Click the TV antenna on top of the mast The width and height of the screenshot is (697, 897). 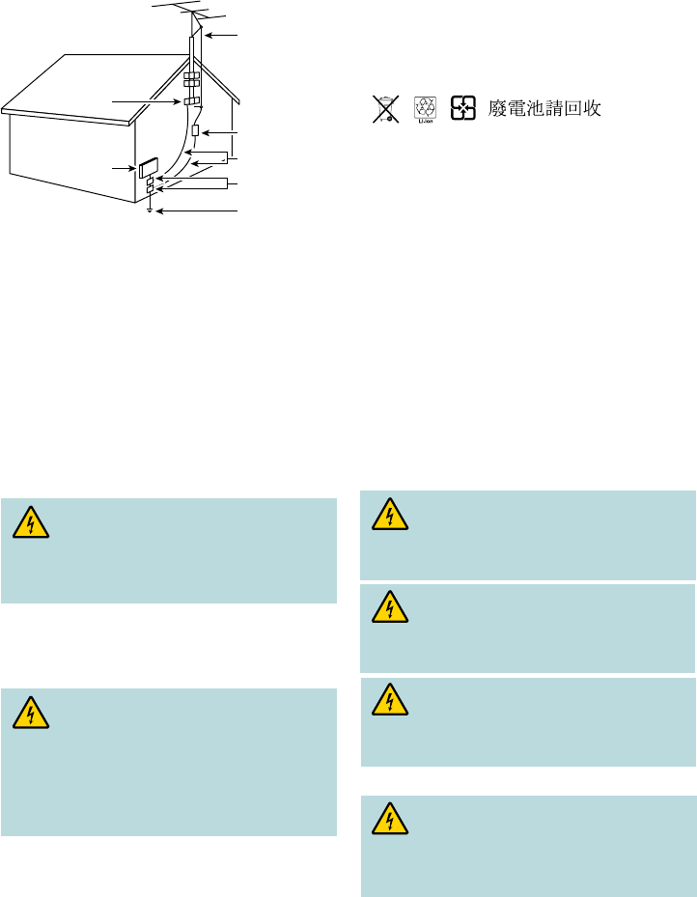tap(194, 16)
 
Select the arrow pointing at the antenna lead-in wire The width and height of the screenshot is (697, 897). tap(221, 36)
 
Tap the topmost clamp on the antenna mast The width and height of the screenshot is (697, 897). tap(191, 73)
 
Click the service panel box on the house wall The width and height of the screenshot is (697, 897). tap(149, 168)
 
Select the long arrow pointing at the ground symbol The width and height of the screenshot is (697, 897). tap(198, 210)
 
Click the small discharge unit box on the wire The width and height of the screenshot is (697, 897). tap(195, 130)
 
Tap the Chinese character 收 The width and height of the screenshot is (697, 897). tap(591, 109)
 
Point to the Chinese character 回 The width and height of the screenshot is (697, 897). tap(569, 109)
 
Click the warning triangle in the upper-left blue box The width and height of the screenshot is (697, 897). tap(32, 524)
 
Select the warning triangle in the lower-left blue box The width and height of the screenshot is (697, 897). tap(32, 714)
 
